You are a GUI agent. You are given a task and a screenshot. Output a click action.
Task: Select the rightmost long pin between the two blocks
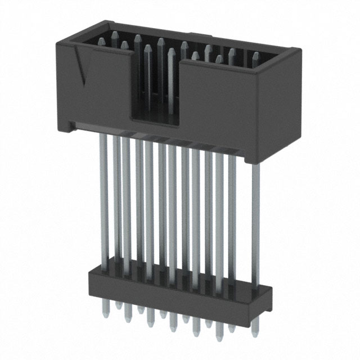point(255,214)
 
